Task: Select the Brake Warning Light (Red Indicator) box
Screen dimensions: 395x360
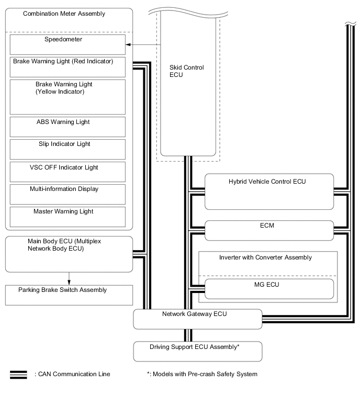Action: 67,67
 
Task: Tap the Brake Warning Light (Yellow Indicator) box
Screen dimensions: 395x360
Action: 67,96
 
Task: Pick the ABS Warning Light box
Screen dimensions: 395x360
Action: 67,127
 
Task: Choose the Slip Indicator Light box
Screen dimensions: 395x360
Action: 67,149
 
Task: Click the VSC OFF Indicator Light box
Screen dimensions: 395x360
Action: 67,172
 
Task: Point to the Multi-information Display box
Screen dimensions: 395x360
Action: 67,194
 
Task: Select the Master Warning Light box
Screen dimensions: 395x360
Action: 67,216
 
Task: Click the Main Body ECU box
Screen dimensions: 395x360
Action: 69,254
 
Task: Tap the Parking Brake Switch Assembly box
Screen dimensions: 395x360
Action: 69,295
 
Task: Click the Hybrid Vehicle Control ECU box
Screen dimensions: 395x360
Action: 269,191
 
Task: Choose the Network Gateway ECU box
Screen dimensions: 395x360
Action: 197,319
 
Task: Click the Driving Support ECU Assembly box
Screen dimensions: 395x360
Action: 197,351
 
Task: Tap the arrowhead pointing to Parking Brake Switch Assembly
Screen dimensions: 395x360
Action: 69,282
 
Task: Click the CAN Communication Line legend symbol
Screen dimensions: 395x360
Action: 19,374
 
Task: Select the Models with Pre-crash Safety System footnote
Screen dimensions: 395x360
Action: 202,374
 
